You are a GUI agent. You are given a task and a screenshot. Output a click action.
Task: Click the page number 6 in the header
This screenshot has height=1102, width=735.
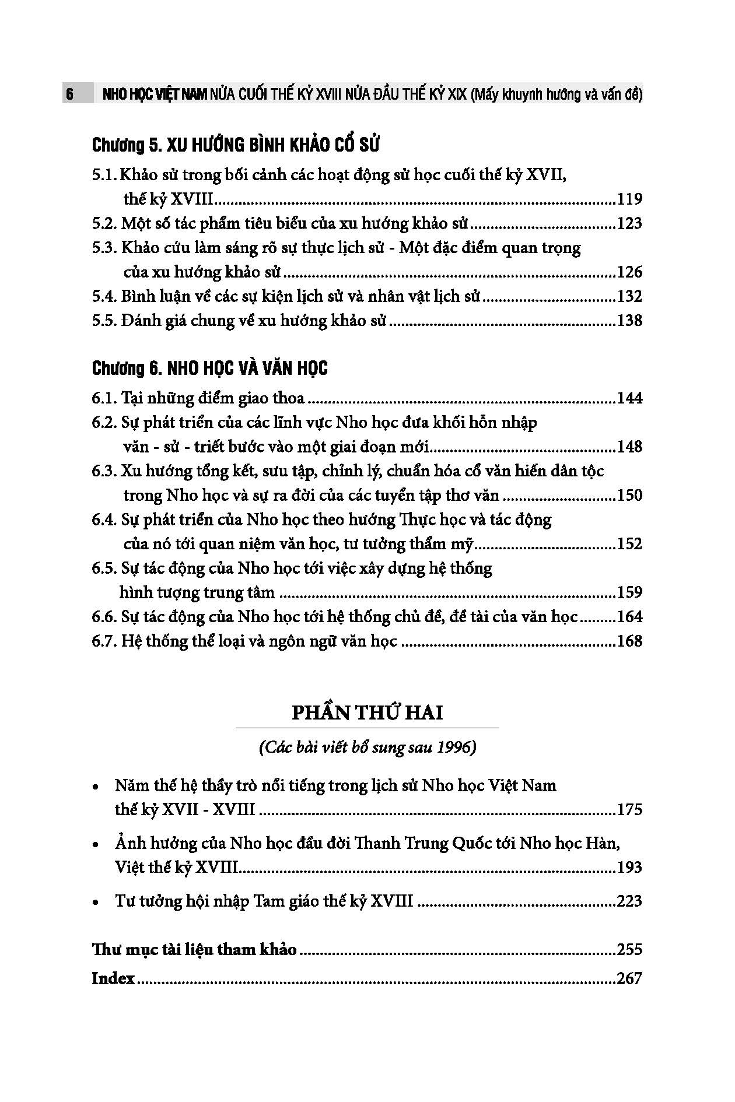click(x=69, y=94)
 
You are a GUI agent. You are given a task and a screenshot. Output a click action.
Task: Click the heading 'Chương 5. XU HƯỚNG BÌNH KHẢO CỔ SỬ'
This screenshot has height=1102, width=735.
click(x=236, y=145)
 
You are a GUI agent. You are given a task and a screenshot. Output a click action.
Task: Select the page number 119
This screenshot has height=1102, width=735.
click(x=629, y=199)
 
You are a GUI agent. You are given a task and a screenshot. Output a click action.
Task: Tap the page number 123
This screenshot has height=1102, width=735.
click(x=629, y=224)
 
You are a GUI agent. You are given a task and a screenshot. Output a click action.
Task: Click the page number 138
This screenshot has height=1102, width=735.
click(x=629, y=321)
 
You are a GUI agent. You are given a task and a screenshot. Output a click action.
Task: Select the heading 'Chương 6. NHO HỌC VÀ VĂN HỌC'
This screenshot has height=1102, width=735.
click(x=210, y=368)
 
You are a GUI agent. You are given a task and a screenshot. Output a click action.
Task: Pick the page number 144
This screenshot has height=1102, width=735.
click(x=629, y=399)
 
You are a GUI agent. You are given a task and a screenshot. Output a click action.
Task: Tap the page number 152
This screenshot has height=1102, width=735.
click(x=629, y=545)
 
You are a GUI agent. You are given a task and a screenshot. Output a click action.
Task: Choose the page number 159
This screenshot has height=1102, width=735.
click(x=629, y=593)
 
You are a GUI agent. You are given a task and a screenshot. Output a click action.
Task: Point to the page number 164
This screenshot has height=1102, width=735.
click(x=629, y=617)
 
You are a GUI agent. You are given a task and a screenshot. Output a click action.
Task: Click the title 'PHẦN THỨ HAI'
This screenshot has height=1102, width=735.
click(x=367, y=713)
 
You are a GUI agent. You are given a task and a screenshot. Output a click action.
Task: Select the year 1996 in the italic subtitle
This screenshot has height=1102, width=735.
click(x=453, y=748)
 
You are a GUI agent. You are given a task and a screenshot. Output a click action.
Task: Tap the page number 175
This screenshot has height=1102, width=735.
click(x=629, y=810)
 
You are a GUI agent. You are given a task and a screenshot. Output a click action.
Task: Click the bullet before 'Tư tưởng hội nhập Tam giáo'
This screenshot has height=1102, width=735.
click(x=96, y=903)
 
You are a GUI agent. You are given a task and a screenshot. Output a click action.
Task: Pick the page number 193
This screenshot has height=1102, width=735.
click(x=629, y=868)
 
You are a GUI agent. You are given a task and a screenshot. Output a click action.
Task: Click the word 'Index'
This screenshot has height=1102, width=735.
click(x=113, y=978)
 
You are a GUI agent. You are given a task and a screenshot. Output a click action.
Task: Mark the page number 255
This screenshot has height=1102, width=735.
click(x=629, y=950)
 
